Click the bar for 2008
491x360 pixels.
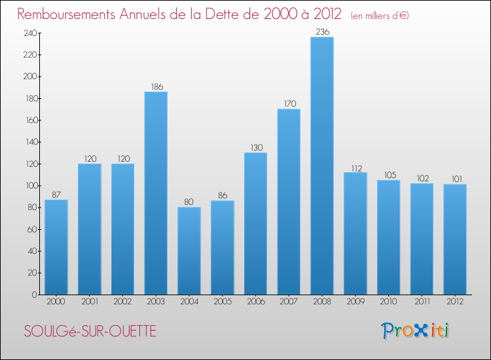pyautogui.click(x=322, y=166)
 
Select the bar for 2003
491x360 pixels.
pyautogui.click(x=156, y=193)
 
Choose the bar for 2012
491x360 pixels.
pyautogui.click(x=455, y=239)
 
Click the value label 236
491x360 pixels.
pyautogui.click(x=322, y=31)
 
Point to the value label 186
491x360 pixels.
pyautogui.click(x=156, y=86)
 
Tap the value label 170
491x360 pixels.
pyautogui.click(x=289, y=103)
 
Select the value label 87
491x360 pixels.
pyautogui.click(x=56, y=194)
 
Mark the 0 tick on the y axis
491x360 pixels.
pyautogui.click(x=33, y=295)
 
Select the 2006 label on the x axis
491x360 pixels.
pyautogui.click(x=255, y=302)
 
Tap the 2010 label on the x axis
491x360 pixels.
pyautogui.click(x=388, y=302)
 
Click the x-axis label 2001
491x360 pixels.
pyautogui.click(x=89, y=302)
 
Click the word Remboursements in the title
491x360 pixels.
pyautogui.click(x=71, y=14)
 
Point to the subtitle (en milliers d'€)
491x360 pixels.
pyautogui.click(x=380, y=15)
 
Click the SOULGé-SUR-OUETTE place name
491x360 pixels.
pyautogui.click(x=90, y=331)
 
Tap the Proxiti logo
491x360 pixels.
pyautogui.click(x=415, y=330)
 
